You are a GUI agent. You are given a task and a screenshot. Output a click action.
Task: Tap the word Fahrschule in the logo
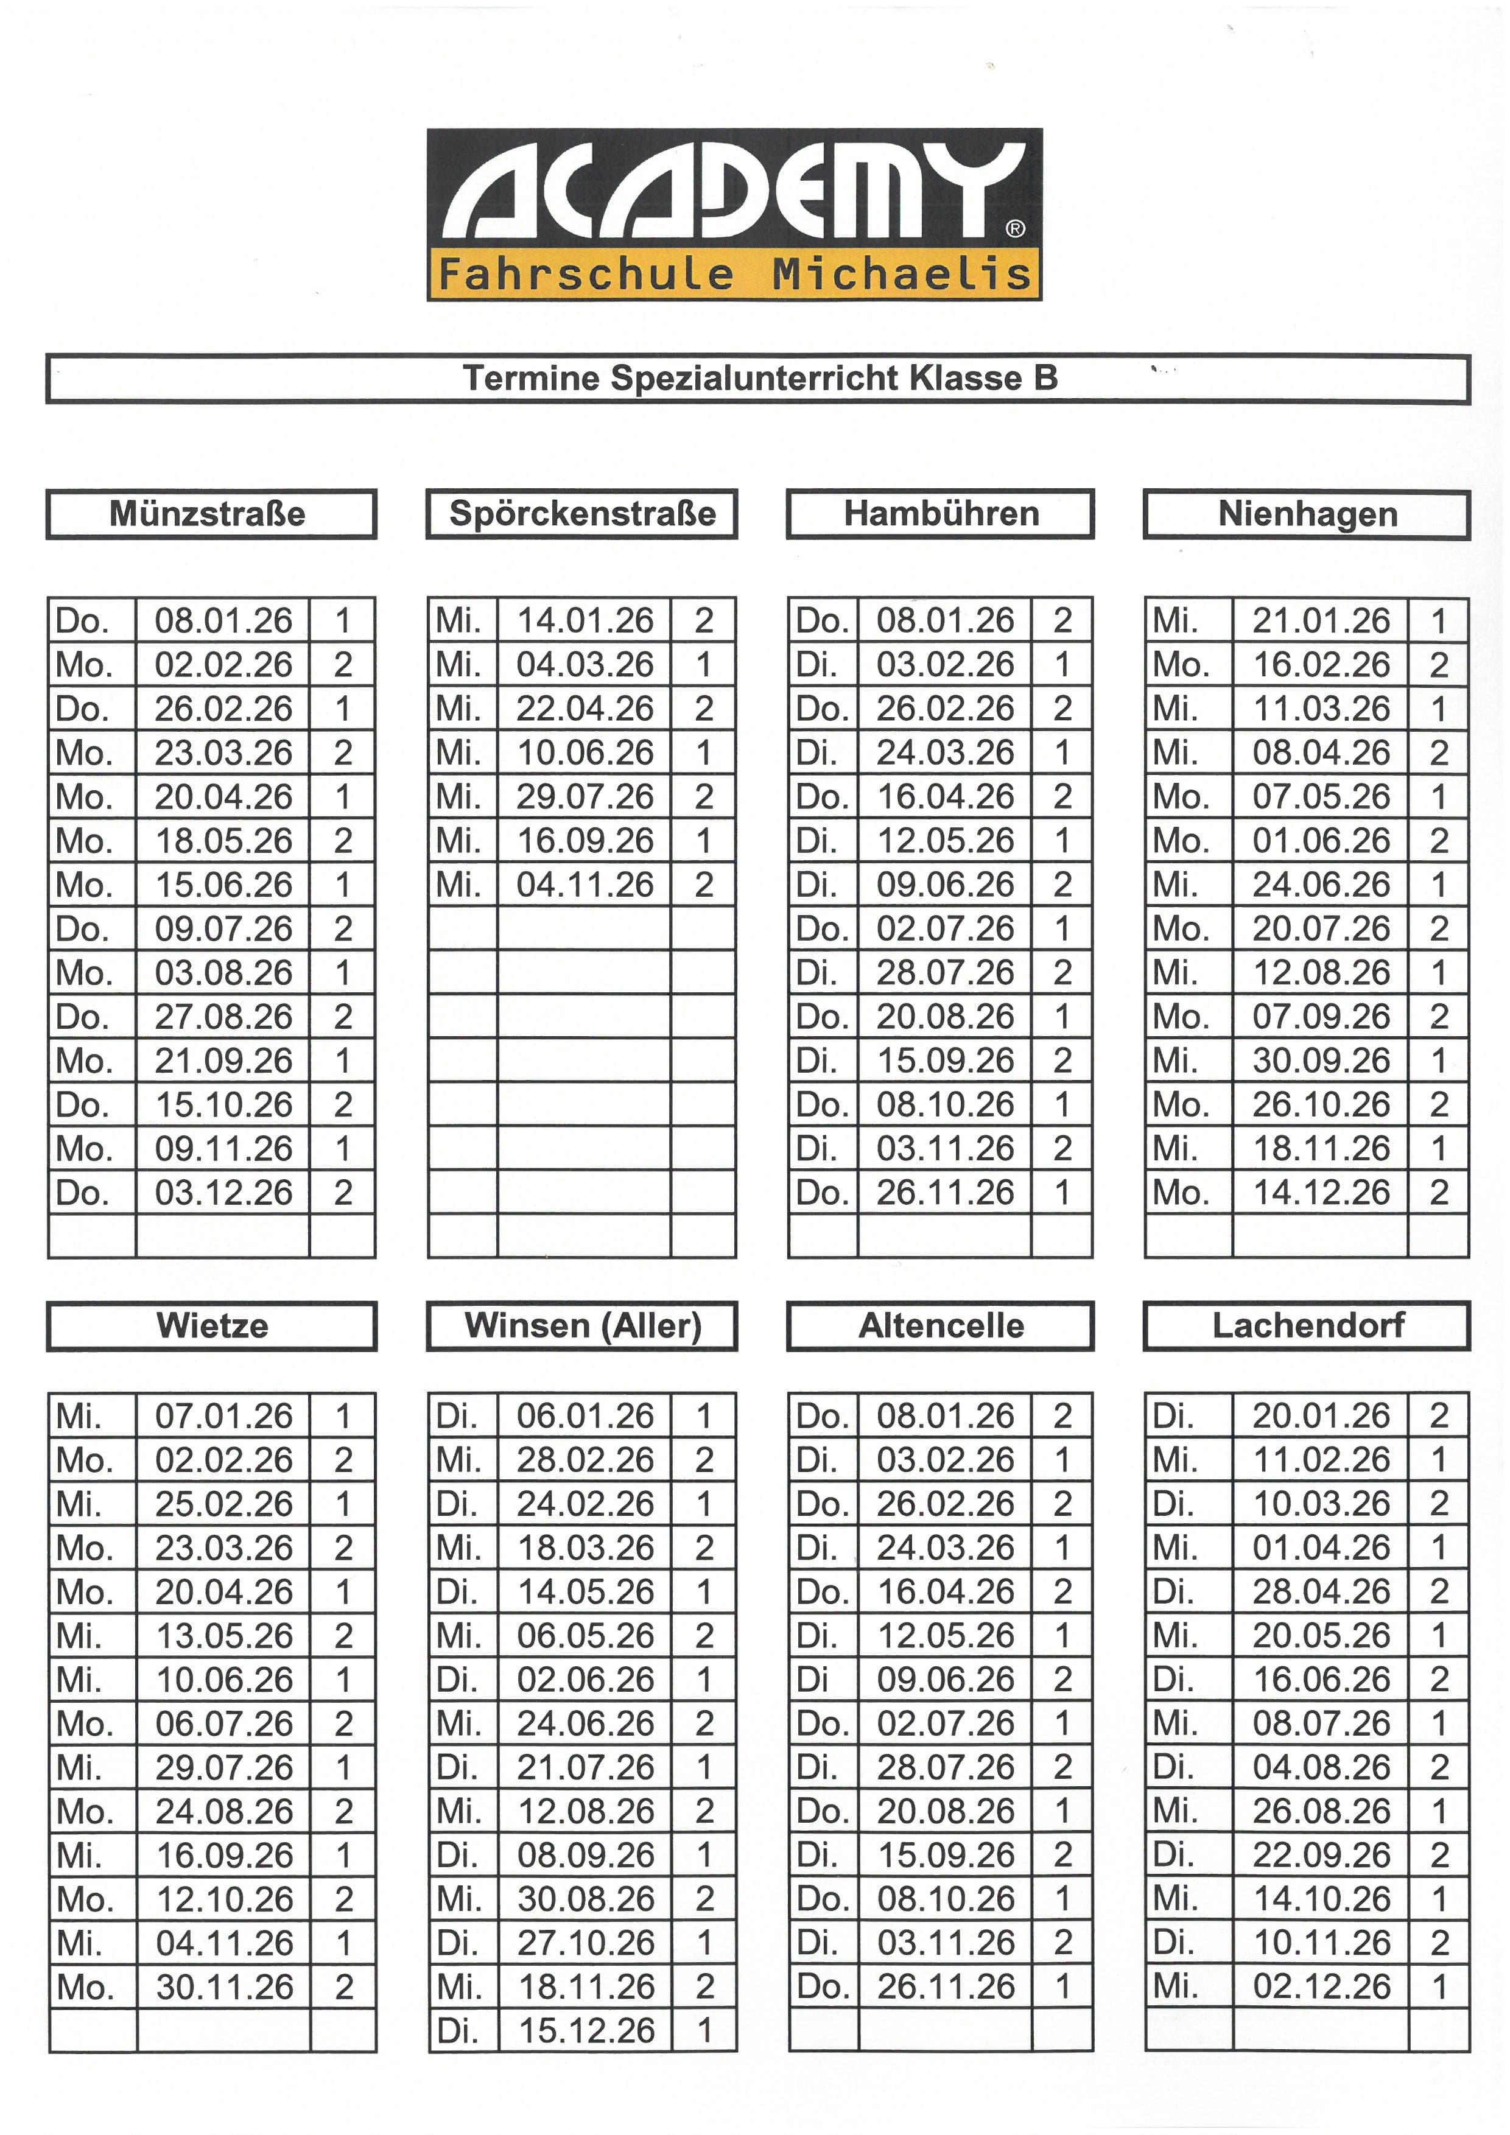click(x=586, y=275)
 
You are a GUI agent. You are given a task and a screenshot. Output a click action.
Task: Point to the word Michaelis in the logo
click(x=901, y=275)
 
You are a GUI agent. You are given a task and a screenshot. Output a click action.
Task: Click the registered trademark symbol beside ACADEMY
click(x=1016, y=229)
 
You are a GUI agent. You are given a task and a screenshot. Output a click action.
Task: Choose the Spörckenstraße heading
click(x=582, y=514)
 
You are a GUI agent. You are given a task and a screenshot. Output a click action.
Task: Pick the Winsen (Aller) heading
click(x=582, y=1326)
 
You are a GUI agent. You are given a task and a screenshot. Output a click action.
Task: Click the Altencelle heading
click(x=941, y=1326)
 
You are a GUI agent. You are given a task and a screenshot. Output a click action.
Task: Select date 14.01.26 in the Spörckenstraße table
click(x=585, y=620)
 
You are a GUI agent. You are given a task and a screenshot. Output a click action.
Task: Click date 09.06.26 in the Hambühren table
click(x=945, y=885)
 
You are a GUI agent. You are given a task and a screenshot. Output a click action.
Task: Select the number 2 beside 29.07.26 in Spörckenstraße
click(x=704, y=797)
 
